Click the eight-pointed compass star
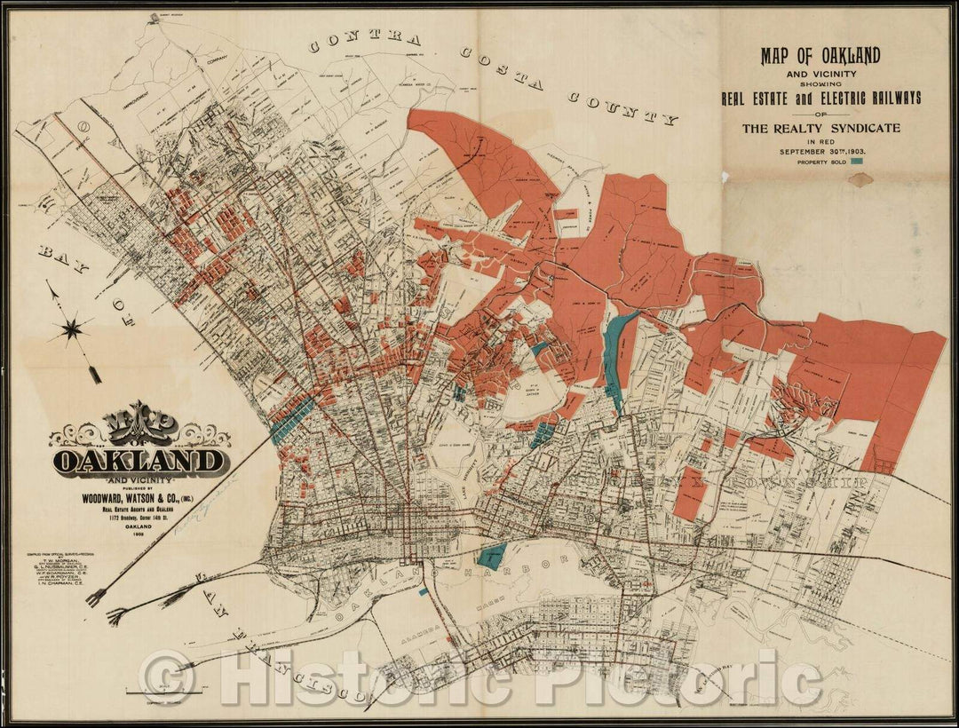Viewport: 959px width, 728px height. pos(72,328)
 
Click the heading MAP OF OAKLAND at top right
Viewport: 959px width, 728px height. pos(820,57)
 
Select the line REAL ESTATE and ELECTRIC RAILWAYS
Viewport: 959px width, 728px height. pos(820,97)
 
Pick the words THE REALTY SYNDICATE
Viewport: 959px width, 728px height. pos(820,128)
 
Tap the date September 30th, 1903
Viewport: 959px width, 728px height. pos(820,151)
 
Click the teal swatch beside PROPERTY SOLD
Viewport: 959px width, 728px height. pos(858,162)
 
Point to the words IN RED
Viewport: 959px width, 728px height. pos(820,140)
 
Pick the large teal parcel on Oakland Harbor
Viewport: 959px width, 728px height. pos(491,554)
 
